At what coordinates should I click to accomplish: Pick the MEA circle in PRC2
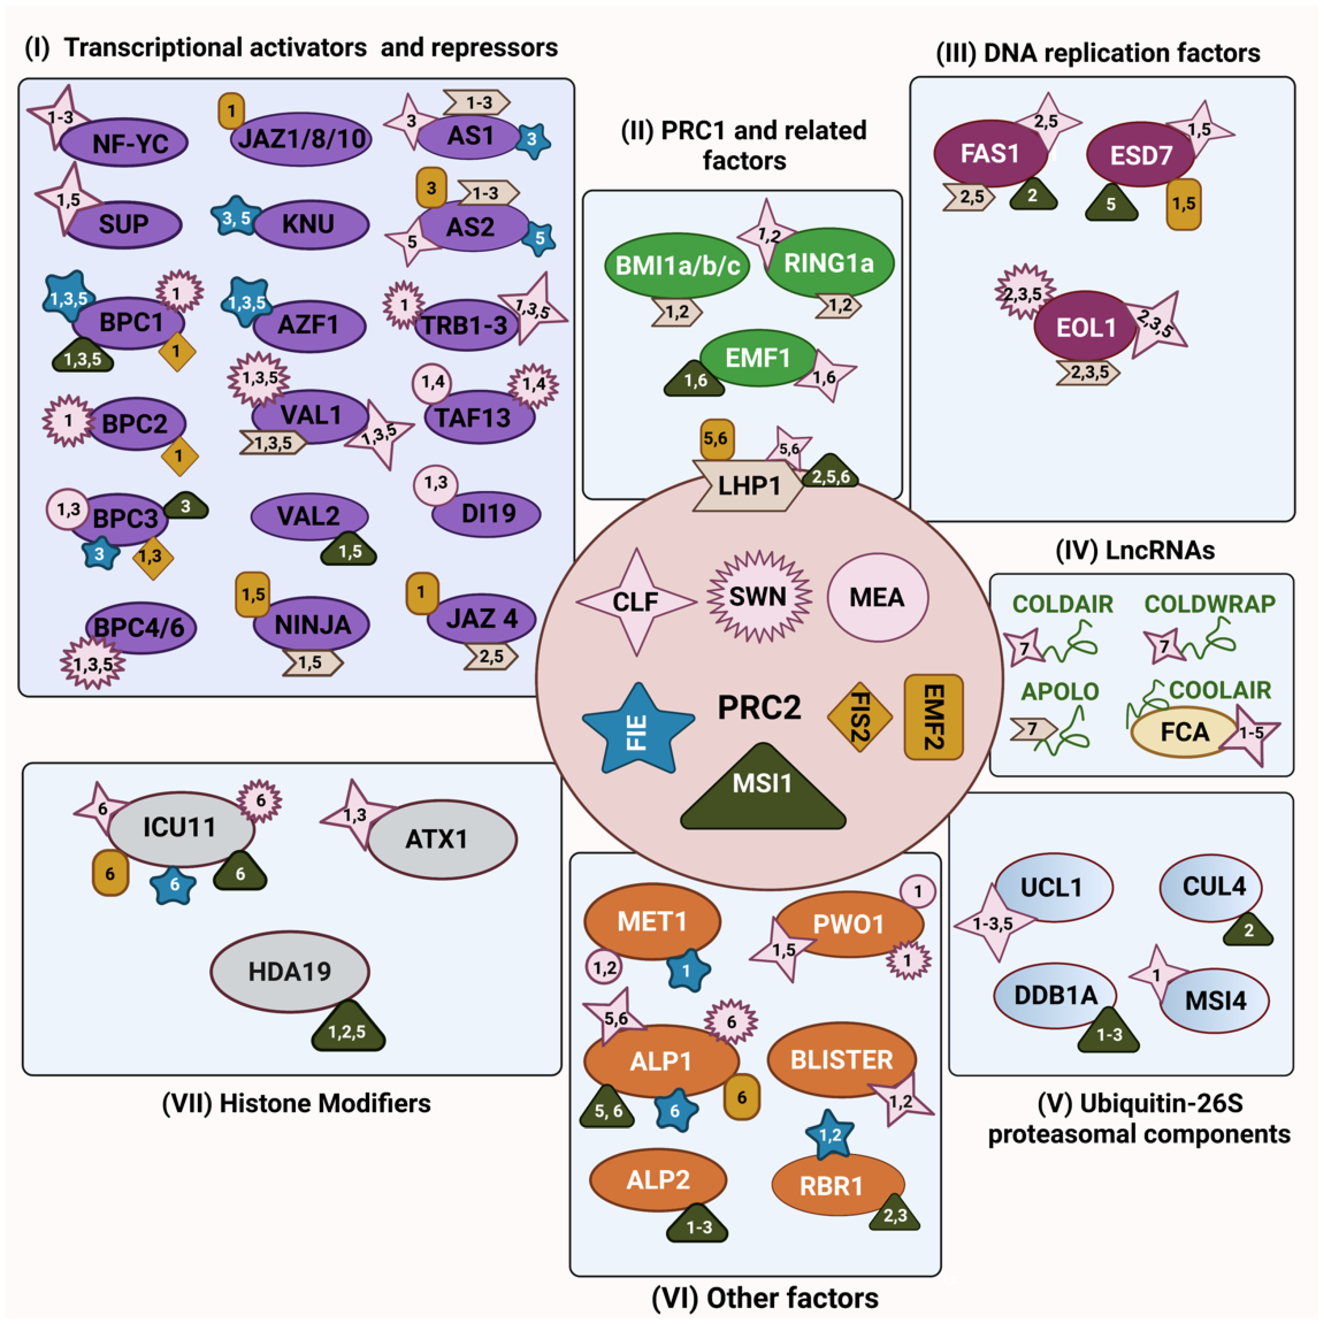click(x=877, y=597)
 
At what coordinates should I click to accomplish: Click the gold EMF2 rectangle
click(x=933, y=717)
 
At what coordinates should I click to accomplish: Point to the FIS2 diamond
click(x=859, y=717)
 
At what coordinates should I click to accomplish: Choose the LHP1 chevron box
click(x=748, y=486)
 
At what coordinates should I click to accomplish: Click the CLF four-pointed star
click(x=636, y=602)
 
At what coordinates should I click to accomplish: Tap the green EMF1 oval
click(x=758, y=358)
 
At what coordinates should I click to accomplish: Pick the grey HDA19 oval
click(x=290, y=971)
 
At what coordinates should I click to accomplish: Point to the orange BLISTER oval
click(x=842, y=1059)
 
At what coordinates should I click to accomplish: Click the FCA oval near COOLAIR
click(x=1184, y=732)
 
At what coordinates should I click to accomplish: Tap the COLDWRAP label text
click(x=1210, y=604)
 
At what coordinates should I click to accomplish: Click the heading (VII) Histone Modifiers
click(x=296, y=1103)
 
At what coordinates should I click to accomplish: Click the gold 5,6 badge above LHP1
click(x=716, y=439)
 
